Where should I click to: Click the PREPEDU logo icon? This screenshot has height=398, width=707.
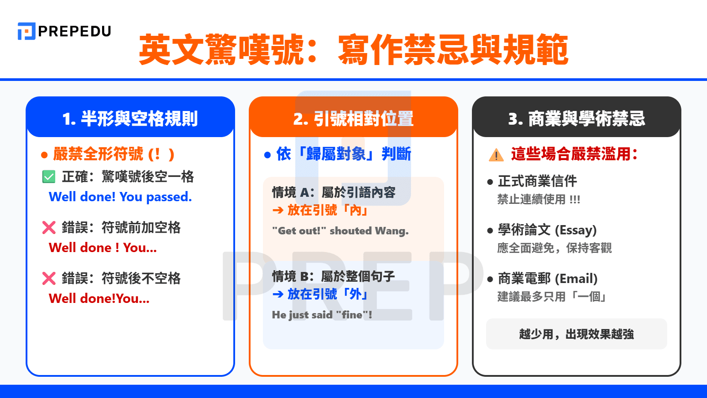click(26, 31)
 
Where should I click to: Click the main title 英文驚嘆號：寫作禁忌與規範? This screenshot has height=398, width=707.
click(353, 50)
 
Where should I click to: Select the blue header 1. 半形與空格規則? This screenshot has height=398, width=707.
click(130, 119)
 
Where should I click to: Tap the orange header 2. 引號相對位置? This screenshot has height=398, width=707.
click(353, 119)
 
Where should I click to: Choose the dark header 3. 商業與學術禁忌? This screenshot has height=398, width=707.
click(576, 119)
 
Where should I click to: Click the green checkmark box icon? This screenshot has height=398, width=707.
click(49, 177)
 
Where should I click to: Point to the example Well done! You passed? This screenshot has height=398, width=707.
click(120, 197)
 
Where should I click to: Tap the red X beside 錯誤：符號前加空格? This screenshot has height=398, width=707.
click(49, 228)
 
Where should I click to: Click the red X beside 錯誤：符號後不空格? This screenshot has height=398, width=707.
click(49, 279)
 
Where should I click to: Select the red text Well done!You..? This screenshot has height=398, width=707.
click(99, 298)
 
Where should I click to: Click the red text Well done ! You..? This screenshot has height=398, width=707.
click(103, 248)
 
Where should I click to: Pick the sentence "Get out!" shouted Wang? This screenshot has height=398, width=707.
click(340, 231)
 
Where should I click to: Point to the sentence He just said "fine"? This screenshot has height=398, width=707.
click(322, 315)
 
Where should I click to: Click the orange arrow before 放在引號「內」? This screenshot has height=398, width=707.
click(278, 210)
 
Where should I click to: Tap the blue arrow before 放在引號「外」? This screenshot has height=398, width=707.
click(278, 294)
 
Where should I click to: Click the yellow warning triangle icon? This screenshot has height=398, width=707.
click(496, 155)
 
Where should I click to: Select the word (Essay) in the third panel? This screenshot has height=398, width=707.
click(575, 230)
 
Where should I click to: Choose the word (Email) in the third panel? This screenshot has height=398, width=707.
click(576, 279)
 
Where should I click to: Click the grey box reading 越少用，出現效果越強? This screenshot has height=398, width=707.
click(576, 334)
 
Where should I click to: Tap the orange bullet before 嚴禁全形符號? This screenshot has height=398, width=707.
click(44, 155)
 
